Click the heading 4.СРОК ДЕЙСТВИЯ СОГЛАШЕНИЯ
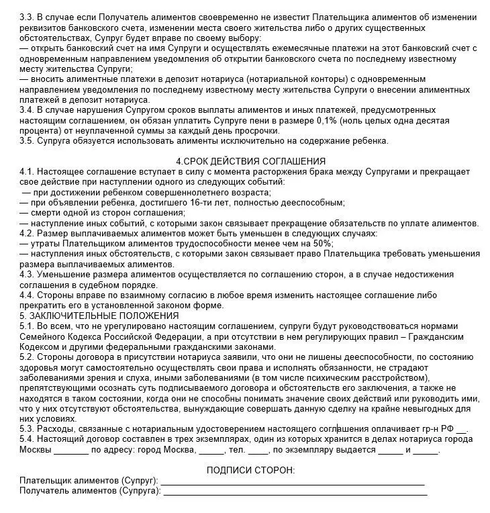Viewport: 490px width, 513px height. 250,161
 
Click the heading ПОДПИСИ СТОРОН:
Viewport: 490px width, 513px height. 250,470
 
